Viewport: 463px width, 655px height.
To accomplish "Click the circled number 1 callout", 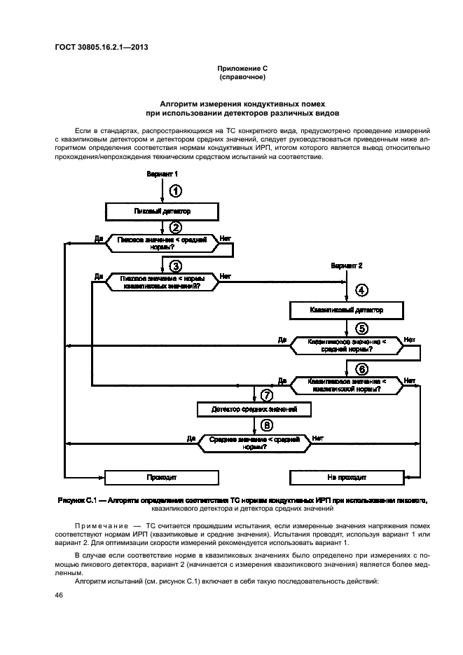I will [176, 191].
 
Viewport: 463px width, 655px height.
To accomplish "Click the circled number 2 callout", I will [176, 226].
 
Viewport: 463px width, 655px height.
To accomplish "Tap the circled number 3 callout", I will [176, 266].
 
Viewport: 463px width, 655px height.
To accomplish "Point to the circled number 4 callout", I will [361, 289].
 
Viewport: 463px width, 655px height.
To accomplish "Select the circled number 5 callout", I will [361, 328].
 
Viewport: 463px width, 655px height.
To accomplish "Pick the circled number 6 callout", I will [361, 368].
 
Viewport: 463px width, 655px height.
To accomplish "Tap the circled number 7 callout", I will [265, 395].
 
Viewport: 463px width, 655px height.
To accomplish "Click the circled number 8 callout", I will [265, 425].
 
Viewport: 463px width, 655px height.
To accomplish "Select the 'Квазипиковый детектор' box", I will [347, 309].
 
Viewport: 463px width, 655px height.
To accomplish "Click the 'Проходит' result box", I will [162, 477].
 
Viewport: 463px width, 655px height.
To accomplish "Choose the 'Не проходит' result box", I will [347, 477].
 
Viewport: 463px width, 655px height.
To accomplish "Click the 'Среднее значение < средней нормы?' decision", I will [254, 442].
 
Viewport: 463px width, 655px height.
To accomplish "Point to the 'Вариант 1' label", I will [163, 173].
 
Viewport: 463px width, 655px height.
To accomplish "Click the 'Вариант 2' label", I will [347, 266].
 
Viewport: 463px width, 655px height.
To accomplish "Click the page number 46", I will [59, 595].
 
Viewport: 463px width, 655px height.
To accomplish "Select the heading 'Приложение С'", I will [242, 68].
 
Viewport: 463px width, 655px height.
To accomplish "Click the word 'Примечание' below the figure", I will [97, 525].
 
